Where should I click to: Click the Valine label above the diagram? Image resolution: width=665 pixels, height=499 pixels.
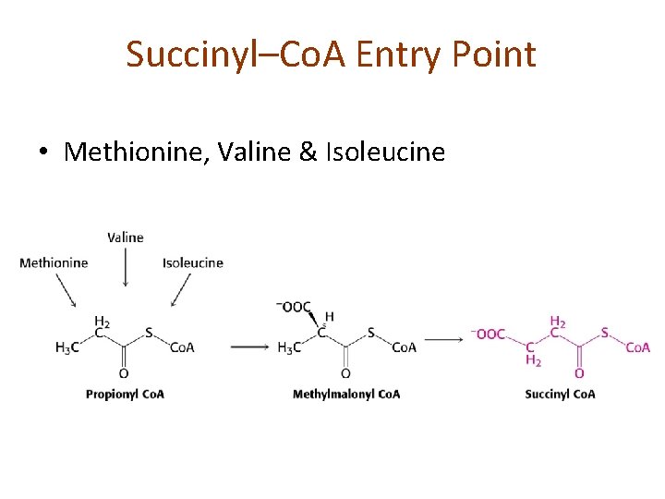coord(126,237)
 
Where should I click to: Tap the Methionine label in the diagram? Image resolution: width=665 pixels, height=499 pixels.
coord(54,262)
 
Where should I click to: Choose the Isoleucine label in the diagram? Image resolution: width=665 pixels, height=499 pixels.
coord(193,262)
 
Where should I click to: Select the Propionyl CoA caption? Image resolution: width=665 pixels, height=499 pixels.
coord(125,394)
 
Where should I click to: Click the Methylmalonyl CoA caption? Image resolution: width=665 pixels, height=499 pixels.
coord(346,394)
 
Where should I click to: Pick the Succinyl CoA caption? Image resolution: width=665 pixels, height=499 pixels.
coord(560,394)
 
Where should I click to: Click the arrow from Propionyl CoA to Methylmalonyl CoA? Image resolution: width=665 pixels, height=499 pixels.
coord(249,347)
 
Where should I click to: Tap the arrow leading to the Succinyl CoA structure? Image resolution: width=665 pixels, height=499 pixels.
coord(444,339)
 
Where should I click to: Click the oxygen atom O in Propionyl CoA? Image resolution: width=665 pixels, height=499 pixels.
coord(124,373)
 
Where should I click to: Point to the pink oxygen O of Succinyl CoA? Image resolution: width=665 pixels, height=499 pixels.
coord(579,373)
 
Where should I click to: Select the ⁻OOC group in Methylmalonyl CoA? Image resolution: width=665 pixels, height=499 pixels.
coord(294,308)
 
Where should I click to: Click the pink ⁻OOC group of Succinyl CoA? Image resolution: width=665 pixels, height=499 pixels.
coord(489,334)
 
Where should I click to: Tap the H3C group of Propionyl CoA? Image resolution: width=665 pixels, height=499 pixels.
coord(67,347)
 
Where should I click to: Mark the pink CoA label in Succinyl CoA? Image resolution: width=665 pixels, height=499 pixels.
coord(638,347)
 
